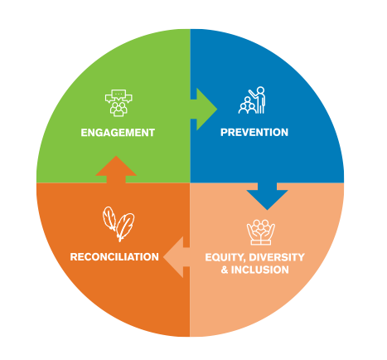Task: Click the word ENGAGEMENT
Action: pos(118,133)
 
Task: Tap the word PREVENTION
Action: pos(254,132)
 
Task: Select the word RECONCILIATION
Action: pos(114,257)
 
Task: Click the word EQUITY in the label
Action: pos(225,257)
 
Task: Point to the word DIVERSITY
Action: pos(277,257)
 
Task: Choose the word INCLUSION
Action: pos(259,270)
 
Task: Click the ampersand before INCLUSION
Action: pos(225,270)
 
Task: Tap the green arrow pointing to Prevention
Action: pos(204,109)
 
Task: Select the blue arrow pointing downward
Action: pos(267,196)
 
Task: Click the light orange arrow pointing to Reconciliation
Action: pos(177,257)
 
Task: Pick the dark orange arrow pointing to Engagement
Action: pos(116,169)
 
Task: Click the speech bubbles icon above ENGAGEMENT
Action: pos(119,103)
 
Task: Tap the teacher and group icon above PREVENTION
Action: pos(252,100)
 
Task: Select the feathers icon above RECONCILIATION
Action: pos(119,224)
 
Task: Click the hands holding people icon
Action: pos(261,232)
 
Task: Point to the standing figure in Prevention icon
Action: pos(260,100)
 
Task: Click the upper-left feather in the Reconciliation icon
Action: pos(109,218)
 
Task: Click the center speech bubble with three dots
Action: pos(119,95)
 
